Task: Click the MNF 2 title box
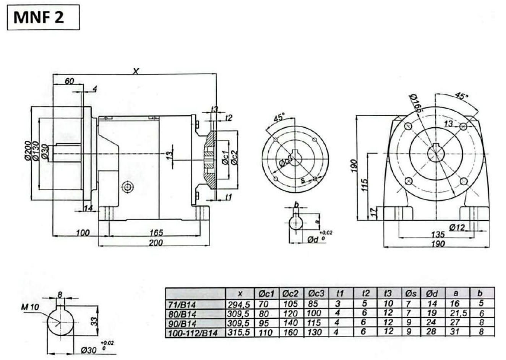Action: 43,18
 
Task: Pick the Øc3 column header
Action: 316,294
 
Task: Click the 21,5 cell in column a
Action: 458,313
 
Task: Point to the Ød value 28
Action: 431,332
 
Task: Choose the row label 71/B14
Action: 182,305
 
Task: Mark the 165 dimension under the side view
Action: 156,233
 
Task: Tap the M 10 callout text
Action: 30,307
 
